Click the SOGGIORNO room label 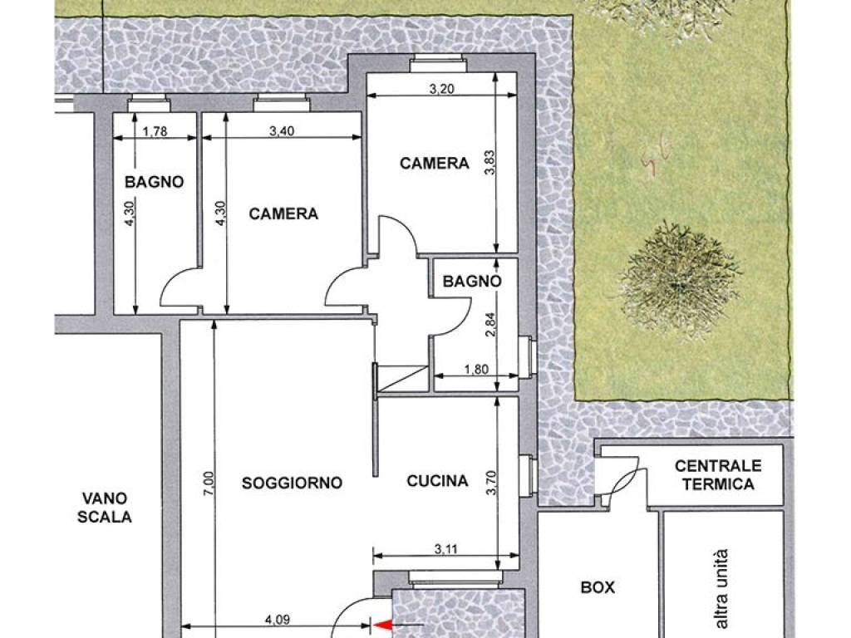click(x=292, y=483)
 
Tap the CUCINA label click(x=437, y=481)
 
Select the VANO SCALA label click(x=105, y=508)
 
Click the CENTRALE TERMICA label click(x=718, y=474)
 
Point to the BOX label click(x=598, y=587)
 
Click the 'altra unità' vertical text click(x=721, y=588)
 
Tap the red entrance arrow click(x=383, y=626)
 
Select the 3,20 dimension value click(x=442, y=89)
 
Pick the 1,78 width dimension click(x=155, y=131)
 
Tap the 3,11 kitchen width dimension click(x=446, y=549)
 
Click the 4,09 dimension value click(x=278, y=619)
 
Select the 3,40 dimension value click(x=282, y=131)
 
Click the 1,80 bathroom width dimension click(x=476, y=370)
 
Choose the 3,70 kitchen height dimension click(x=491, y=483)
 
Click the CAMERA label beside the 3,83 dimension click(x=434, y=164)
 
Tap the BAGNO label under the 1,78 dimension click(x=154, y=182)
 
